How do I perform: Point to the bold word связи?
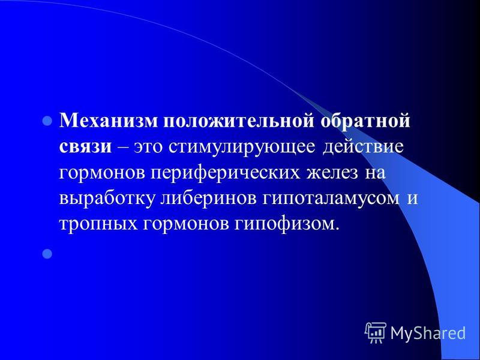(85, 147)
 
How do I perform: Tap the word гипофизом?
(287, 224)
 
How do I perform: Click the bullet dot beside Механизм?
(47, 121)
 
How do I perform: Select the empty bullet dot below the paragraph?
(47, 254)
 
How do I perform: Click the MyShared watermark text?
(428, 333)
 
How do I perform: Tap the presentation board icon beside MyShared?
(376, 333)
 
